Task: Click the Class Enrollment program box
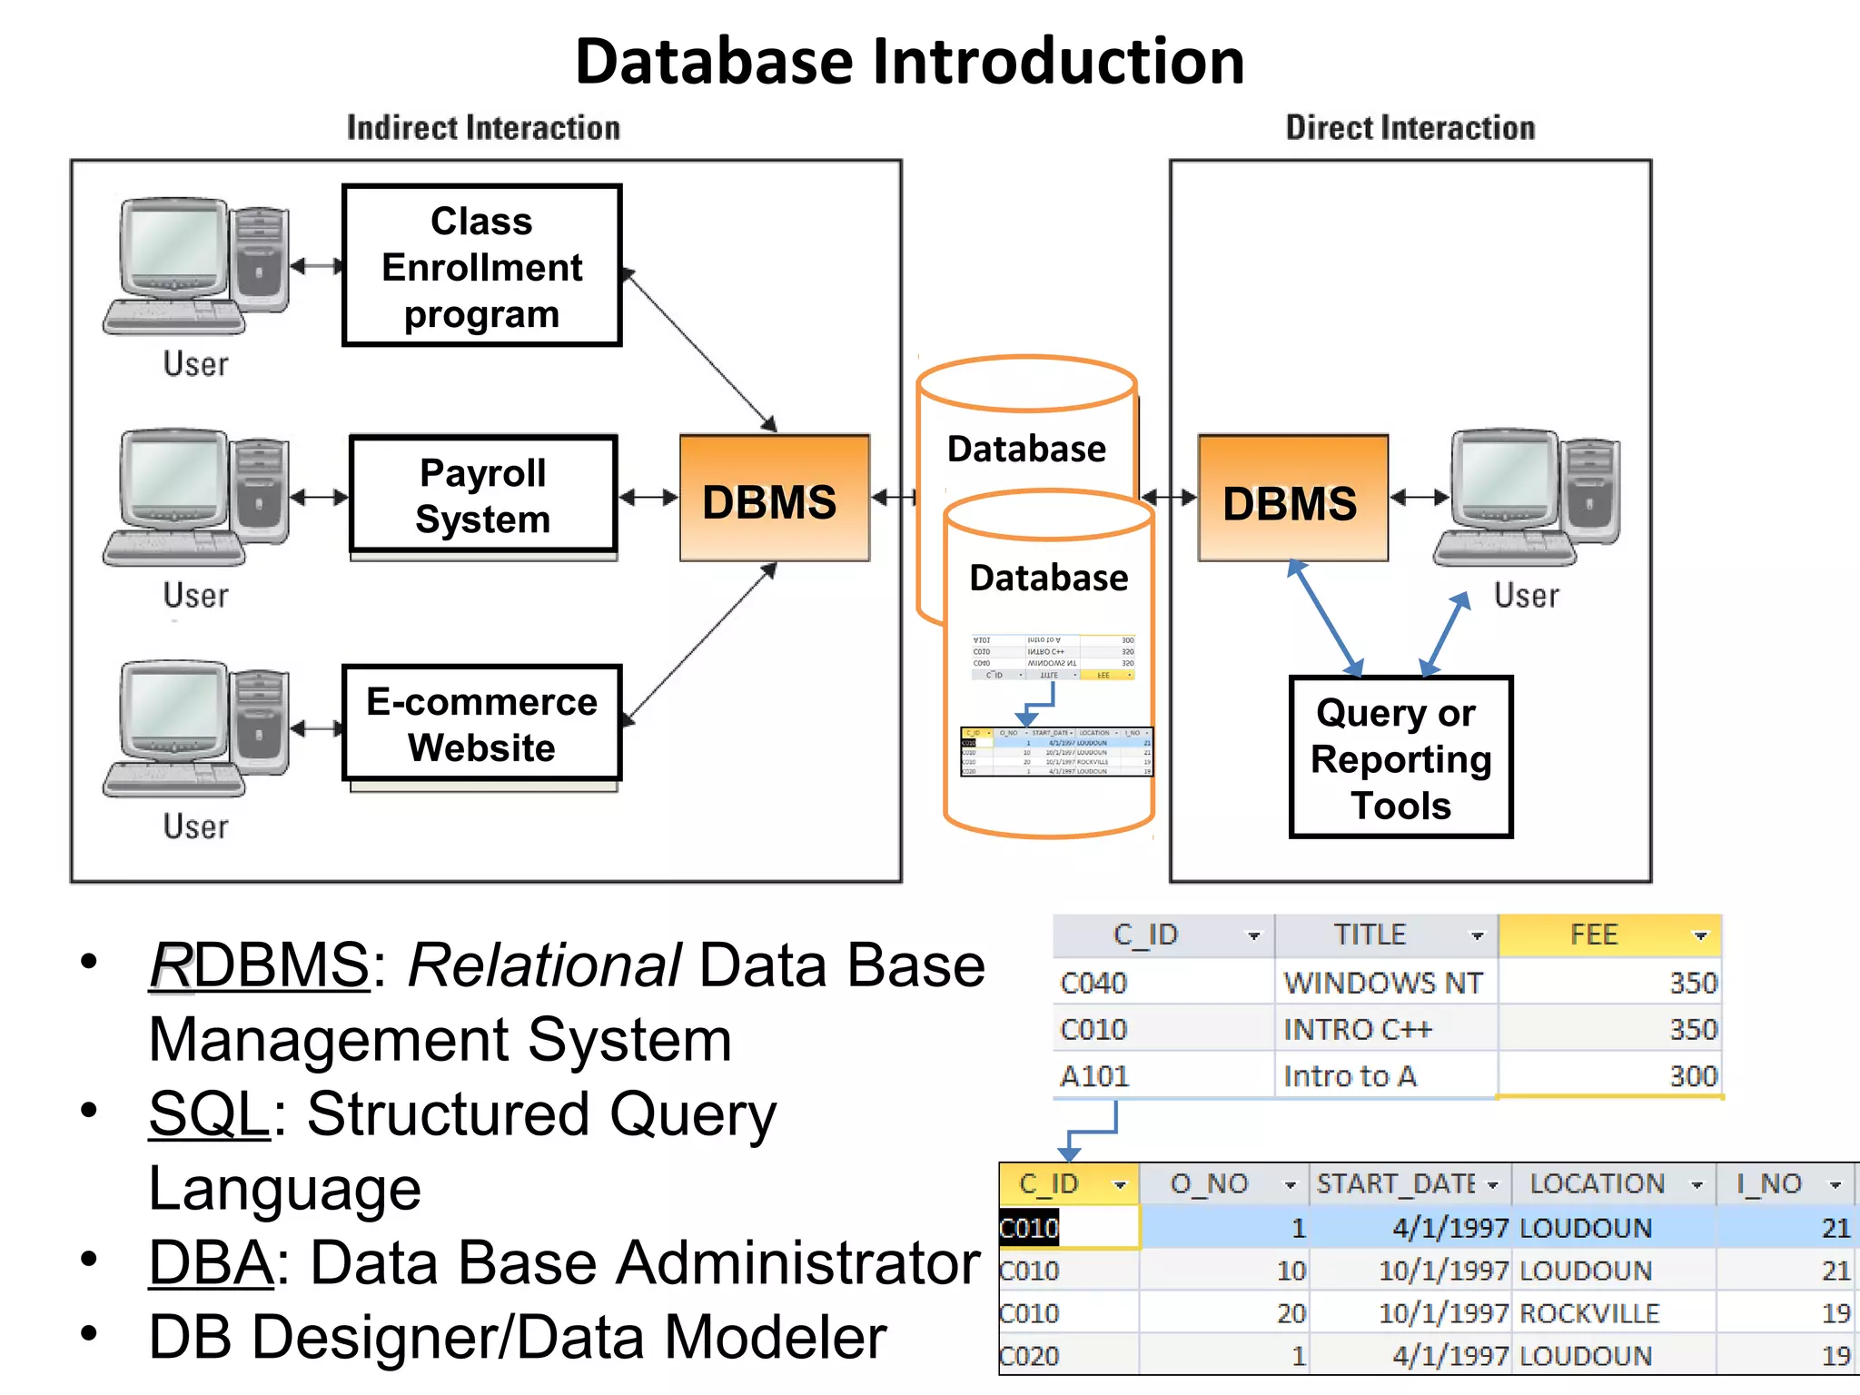[481, 265]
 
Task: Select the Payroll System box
[482, 495]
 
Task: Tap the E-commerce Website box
[481, 724]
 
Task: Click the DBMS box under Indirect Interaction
[774, 499]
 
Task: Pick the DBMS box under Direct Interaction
[1291, 499]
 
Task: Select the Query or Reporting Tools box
[1400, 757]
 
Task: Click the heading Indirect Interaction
[483, 128]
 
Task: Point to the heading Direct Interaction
[1410, 128]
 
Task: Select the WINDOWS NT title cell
[1383, 983]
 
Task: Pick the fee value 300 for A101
[1693, 1076]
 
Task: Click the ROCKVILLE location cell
[1588, 1313]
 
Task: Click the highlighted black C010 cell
[1029, 1229]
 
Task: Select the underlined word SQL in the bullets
[210, 1113]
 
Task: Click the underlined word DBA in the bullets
[211, 1262]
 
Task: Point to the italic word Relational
[543, 965]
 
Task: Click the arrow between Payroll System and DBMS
[648, 497]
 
